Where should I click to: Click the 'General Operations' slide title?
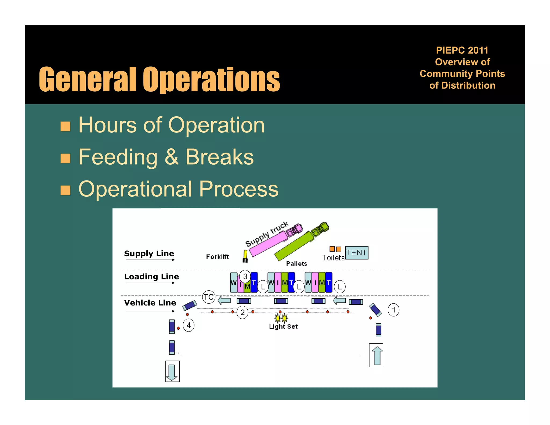159,79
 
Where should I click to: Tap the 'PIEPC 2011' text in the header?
462,50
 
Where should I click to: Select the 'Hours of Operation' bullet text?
171,125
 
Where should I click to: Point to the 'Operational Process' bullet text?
178,189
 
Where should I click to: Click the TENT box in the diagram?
356,253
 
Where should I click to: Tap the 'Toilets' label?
333,258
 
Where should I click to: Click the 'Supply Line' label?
149,253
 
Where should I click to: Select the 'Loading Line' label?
151,276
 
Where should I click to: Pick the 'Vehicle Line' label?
150,303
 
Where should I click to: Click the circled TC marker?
209,297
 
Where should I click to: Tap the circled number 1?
393,310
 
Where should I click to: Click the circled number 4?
189,325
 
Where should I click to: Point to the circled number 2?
243,312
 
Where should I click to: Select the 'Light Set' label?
283,327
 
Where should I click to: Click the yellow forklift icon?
245,256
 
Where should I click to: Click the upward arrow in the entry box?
377,355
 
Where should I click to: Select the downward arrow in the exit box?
172,372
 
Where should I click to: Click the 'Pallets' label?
296,264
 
